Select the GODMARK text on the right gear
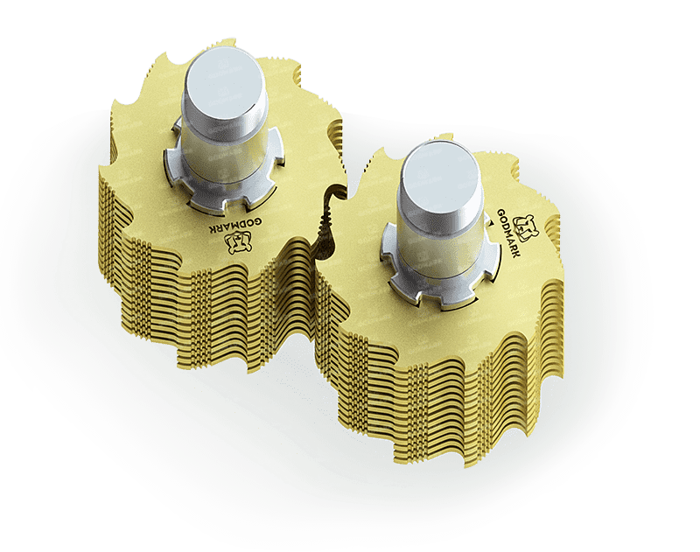508,233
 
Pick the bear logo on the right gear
526,227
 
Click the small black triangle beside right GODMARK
491,222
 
